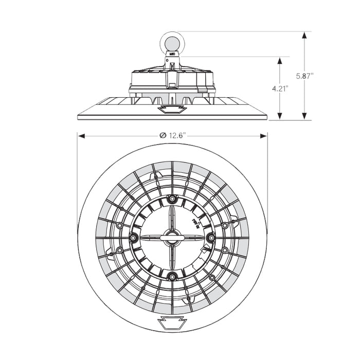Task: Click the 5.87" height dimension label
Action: coord(305,76)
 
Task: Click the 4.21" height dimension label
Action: coord(280,88)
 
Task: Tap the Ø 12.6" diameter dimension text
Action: coord(173,135)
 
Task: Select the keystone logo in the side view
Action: coord(172,110)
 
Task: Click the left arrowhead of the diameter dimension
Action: coord(81,136)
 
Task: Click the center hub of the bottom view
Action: coord(172,237)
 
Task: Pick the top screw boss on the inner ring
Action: coord(172,199)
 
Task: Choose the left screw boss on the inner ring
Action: coord(134,237)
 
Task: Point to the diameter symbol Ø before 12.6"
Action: coord(163,135)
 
